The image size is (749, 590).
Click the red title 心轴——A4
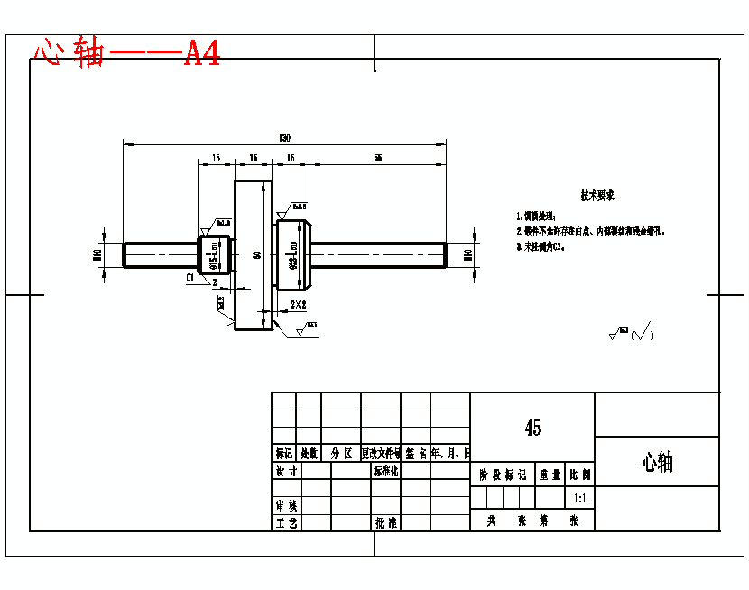click(x=126, y=53)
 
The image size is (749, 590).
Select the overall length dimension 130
click(x=284, y=137)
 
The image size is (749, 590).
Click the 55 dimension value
click(x=377, y=158)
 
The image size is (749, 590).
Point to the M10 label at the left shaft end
click(x=97, y=255)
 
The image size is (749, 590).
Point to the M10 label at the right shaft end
click(x=467, y=255)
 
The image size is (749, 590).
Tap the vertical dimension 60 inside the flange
click(x=257, y=255)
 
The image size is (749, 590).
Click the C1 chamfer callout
click(x=190, y=279)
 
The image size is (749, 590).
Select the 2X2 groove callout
click(x=299, y=305)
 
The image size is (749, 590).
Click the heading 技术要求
click(x=597, y=195)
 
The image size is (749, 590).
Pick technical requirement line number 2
click(x=591, y=231)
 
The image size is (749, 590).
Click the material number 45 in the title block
click(x=532, y=428)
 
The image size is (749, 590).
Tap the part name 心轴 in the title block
click(x=657, y=463)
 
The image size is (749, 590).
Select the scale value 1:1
click(x=579, y=498)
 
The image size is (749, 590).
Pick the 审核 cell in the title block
click(x=286, y=506)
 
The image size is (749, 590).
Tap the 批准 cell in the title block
click(x=386, y=522)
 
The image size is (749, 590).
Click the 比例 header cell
click(x=579, y=474)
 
